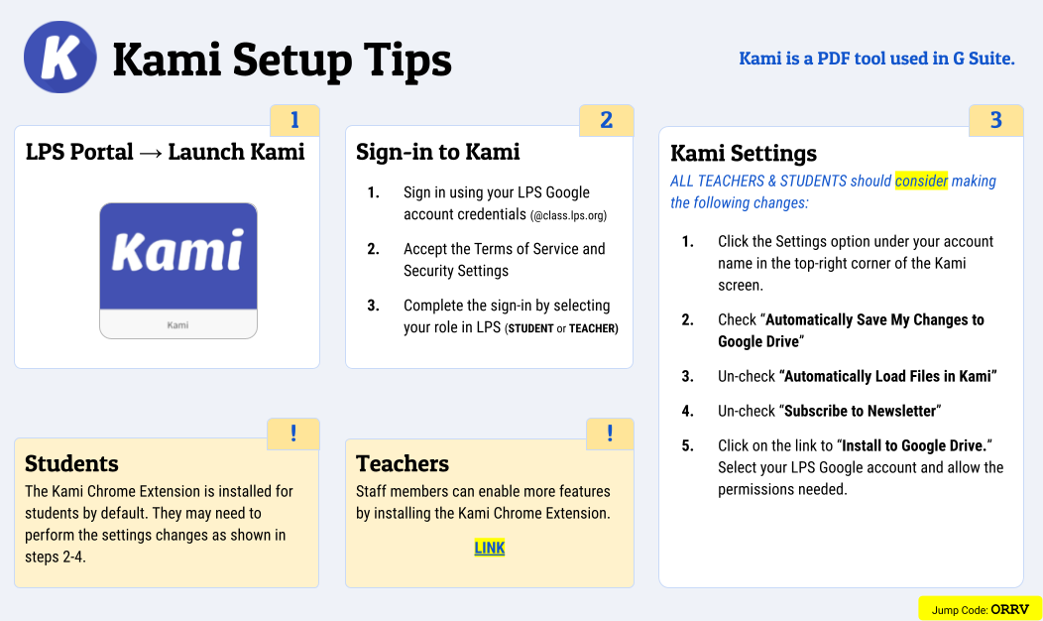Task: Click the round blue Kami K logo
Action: click(59, 58)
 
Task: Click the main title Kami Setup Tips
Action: click(282, 60)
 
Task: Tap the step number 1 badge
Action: click(294, 121)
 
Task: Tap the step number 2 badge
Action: click(607, 121)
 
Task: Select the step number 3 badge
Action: click(995, 121)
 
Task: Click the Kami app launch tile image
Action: click(178, 270)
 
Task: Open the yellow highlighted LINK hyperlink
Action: click(490, 548)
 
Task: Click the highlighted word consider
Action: click(921, 181)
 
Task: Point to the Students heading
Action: click(71, 463)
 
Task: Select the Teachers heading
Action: click(403, 463)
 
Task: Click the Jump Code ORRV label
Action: click(980, 609)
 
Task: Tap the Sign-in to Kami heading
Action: click(438, 152)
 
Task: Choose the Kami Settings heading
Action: click(744, 153)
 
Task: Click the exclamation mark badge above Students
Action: click(293, 434)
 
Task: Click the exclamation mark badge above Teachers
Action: click(610, 434)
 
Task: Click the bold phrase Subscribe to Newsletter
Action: click(860, 411)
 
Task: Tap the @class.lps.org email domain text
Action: click(568, 215)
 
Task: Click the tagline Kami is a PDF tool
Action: click(876, 59)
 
